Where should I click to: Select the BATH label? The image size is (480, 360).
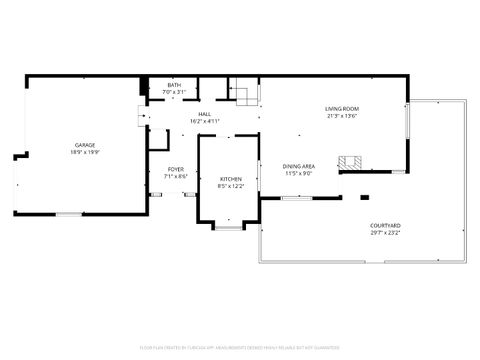click(x=174, y=86)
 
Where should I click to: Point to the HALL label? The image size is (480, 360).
click(x=204, y=114)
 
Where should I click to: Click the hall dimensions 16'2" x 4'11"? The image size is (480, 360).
click(x=204, y=121)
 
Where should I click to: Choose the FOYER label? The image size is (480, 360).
click(x=175, y=169)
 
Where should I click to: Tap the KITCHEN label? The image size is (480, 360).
click(x=231, y=178)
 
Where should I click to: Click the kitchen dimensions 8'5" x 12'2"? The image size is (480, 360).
click(x=231, y=185)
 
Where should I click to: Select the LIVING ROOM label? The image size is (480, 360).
click(x=342, y=108)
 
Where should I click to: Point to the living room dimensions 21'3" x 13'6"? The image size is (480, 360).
click(x=342, y=115)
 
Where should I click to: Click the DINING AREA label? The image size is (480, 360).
click(x=299, y=166)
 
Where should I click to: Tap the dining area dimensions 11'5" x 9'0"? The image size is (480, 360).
click(x=299, y=173)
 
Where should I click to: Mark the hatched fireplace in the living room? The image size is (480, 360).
click(x=349, y=162)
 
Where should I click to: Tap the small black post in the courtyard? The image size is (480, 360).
click(x=364, y=197)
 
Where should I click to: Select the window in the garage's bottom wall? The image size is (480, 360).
click(x=68, y=213)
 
